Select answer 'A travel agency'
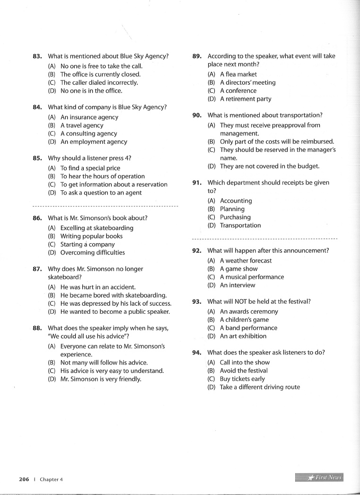click(x=81, y=125)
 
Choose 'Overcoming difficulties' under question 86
click(x=92, y=253)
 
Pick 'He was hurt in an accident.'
click(x=98, y=287)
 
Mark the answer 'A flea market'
click(x=238, y=74)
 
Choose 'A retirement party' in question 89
click(x=246, y=99)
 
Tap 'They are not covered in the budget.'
click(x=270, y=166)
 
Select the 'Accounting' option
click(x=236, y=201)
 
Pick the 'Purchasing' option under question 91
click(x=235, y=217)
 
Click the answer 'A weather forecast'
click(x=246, y=261)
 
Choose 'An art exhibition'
click(x=243, y=336)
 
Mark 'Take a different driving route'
click(x=260, y=387)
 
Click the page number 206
click(x=24, y=479)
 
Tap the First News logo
click(x=319, y=477)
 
